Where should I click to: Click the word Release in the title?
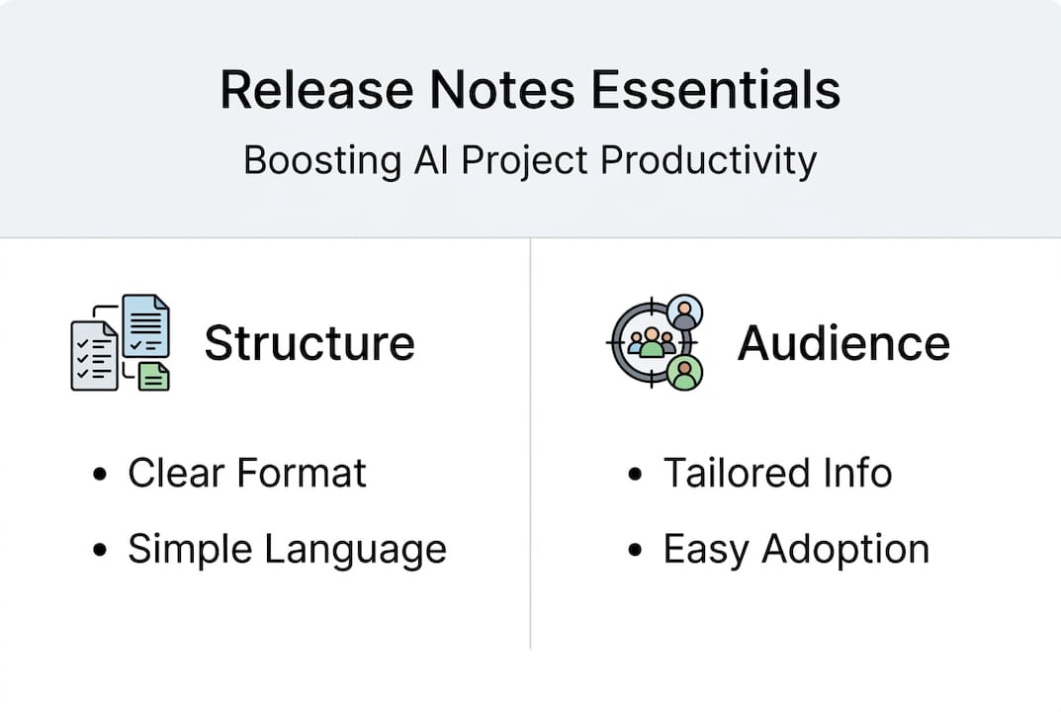(316, 90)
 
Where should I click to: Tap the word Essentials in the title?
(715, 90)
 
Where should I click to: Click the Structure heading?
(309, 343)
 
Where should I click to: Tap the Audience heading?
(843, 343)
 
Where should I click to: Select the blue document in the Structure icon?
(145, 325)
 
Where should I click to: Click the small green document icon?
(153, 376)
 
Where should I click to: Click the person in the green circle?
(684, 373)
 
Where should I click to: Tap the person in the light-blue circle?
(684, 313)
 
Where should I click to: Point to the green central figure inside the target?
(652, 345)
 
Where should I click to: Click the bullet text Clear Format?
(246, 474)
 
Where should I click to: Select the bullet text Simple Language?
(287, 549)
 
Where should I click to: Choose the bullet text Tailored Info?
(777, 474)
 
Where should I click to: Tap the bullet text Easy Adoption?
(796, 549)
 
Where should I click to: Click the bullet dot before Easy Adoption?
(635, 551)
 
